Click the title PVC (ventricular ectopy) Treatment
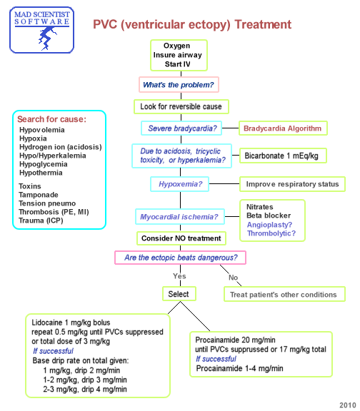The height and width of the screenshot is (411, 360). point(192,25)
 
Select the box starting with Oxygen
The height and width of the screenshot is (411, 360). point(177,55)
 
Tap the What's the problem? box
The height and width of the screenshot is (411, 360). point(178,85)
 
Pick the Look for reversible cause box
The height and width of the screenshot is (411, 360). point(181,106)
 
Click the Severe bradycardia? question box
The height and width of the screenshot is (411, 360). point(181,128)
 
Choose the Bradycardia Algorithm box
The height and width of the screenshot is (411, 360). point(282,128)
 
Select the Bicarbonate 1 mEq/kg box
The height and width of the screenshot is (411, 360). point(281,155)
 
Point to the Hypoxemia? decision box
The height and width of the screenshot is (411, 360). point(181,184)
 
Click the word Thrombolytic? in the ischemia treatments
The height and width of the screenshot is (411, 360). point(271,233)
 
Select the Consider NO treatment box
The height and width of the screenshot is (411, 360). point(182,238)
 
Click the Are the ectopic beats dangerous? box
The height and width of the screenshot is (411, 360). point(181,257)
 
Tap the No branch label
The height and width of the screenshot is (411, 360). point(233,278)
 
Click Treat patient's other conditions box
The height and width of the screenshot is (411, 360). point(283,294)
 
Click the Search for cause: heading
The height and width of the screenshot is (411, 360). point(52,118)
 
